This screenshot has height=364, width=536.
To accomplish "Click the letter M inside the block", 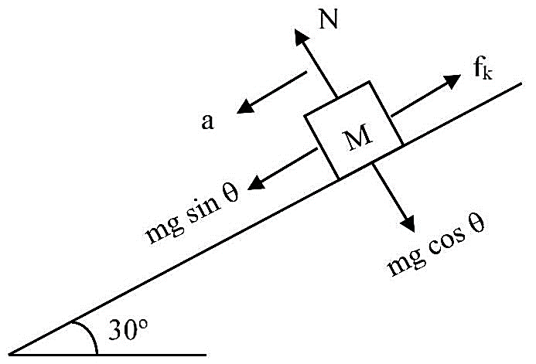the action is [x=357, y=136].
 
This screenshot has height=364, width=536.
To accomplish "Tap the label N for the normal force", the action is [x=328, y=19].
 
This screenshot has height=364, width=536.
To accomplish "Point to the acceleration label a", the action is [x=207, y=122].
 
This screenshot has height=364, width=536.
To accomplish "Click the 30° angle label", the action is [x=128, y=329].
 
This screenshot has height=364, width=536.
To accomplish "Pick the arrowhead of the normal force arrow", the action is [x=300, y=36].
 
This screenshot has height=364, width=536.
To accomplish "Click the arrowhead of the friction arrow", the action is [x=452, y=81].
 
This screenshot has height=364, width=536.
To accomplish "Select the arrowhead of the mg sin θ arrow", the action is [x=256, y=183].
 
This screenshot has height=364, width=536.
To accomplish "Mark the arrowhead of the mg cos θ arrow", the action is [x=408, y=223].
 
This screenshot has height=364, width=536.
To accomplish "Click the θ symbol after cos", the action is [x=476, y=223].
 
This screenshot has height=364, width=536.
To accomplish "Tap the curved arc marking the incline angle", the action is [x=90, y=334].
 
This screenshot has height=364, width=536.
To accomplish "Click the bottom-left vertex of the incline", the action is [x=9, y=355].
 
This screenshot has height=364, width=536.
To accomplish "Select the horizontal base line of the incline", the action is [x=108, y=355].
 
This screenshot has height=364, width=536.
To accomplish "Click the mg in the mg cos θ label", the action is [x=406, y=263].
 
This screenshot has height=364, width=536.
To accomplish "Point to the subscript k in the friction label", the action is [x=488, y=73].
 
